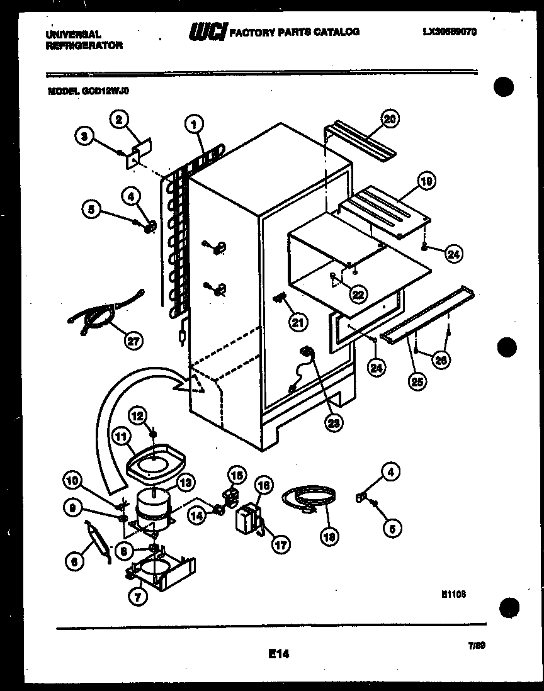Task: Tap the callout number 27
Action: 133,341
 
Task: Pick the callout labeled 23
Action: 334,423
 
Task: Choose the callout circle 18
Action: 329,536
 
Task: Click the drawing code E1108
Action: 453,593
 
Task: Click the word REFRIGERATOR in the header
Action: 84,45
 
